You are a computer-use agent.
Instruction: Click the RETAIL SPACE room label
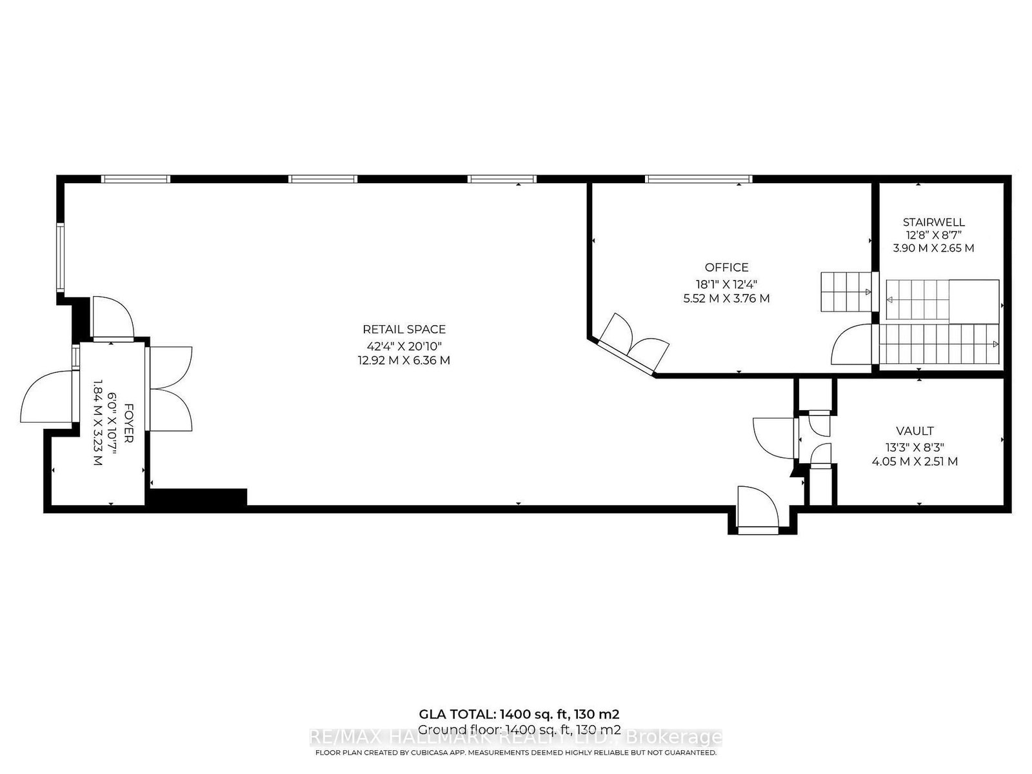[x=404, y=330]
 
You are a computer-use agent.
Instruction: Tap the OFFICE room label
[x=726, y=267]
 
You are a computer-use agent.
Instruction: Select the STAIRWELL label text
[x=933, y=223]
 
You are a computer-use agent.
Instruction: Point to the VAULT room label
[x=914, y=431]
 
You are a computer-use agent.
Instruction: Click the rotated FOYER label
[x=128, y=423]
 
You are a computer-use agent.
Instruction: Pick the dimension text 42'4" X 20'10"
[x=404, y=345]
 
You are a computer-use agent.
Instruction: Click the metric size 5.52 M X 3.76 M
[x=726, y=299]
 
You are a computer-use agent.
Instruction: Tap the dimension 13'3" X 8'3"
[x=914, y=446]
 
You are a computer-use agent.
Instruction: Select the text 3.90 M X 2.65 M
[x=933, y=248]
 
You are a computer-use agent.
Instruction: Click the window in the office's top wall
[x=699, y=179]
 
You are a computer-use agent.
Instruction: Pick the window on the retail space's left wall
[x=60, y=256]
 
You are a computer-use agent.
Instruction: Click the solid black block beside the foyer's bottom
[x=198, y=497]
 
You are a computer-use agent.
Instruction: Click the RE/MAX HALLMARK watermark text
[x=516, y=737]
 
